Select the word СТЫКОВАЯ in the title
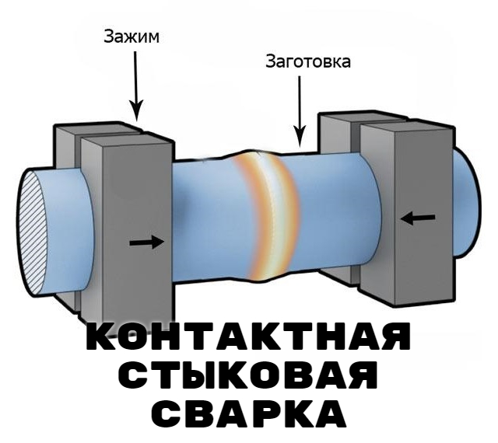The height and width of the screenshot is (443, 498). coord(247,376)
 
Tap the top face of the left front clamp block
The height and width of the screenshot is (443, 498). coord(125,138)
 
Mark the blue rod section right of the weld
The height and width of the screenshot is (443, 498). coord(327,218)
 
